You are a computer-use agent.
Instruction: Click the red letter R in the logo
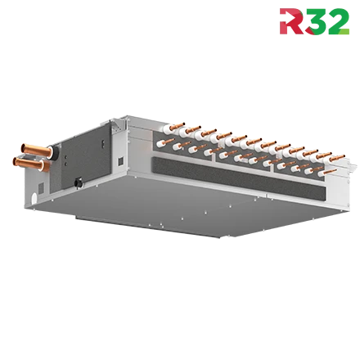tap(291, 21)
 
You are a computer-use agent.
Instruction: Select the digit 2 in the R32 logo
tap(338, 21)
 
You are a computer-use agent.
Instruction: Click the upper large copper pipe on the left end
tap(36, 150)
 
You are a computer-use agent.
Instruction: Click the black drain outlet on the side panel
tap(79, 182)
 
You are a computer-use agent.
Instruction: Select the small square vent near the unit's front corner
tap(120, 161)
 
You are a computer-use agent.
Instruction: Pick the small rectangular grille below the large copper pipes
tap(41, 188)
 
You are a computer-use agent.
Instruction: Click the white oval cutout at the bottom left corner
tap(34, 198)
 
